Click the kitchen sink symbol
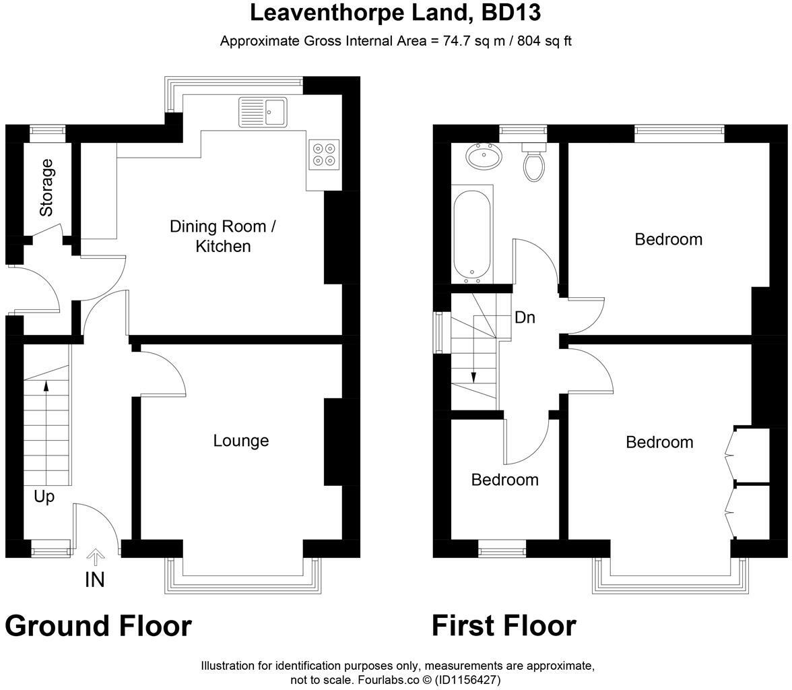(x=263, y=113)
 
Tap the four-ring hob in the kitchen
(x=324, y=155)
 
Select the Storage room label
(x=46, y=187)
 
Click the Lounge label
(x=241, y=441)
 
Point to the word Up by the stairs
(x=44, y=497)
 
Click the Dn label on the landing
(x=524, y=317)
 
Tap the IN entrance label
(x=95, y=580)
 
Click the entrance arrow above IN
(x=96, y=557)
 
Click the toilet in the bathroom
(x=533, y=161)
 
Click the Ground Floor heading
(x=98, y=625)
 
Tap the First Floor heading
(x=504, y=625)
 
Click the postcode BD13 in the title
(x=510, y=13)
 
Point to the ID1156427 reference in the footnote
(x=468, y=680)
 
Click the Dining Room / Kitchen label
(x=223, y=236)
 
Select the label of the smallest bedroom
(x=504, y=480)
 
